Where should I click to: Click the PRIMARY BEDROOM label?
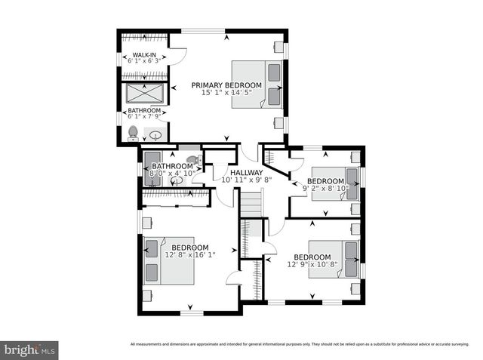coord(226,85)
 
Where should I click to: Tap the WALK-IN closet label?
coord(144,55)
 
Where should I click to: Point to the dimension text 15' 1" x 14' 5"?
coord(226,93)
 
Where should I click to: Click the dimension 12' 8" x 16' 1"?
coord(189,255)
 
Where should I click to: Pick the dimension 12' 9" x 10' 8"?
coord(312,264)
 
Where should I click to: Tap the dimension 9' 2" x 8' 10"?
coord(325,189)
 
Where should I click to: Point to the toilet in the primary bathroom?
coord(134,134)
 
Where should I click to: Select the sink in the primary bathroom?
coord(156,136)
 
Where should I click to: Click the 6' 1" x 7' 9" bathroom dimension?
coord(143,117)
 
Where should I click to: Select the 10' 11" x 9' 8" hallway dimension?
coord(246,180)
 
